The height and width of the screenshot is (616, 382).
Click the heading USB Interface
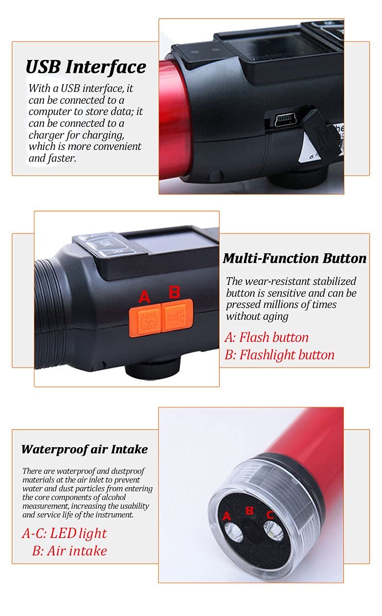[x=86, y=67]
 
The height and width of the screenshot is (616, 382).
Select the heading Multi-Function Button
[x=295, y=259]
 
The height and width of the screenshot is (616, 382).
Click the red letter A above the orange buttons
[x=144, y=297]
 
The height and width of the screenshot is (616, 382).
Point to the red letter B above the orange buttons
[x=175, y=292]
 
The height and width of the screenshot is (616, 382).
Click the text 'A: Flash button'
[x=266, y=337]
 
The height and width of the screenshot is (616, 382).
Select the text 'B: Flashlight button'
[x=279, y=355]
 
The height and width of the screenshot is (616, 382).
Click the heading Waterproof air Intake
[x=84, y=449]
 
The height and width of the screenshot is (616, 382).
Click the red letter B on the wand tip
[x=250, y=510]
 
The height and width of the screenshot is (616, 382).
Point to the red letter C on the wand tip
[x=270, y=515]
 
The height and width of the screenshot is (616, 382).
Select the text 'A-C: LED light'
[x=64, y=533]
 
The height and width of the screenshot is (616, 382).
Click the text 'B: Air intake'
[x=70, y=551]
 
